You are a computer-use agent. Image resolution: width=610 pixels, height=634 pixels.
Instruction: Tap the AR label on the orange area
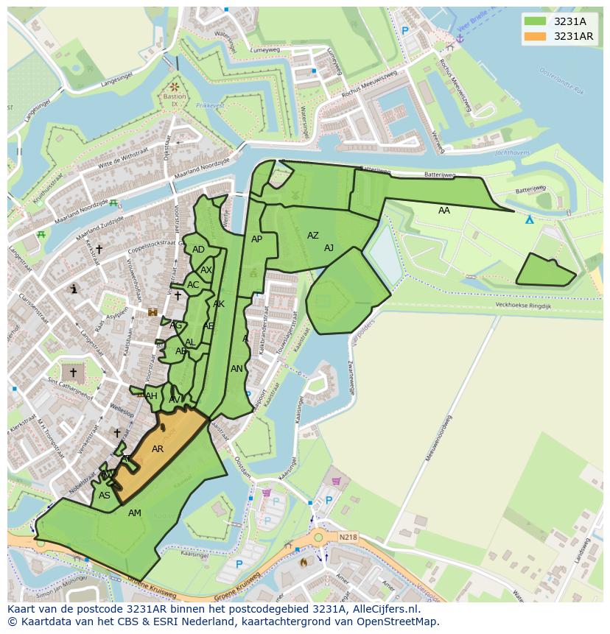click(158, 448)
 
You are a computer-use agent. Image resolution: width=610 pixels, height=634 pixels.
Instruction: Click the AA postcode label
click(444, 211)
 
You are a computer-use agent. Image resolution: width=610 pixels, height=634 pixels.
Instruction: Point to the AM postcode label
click(135, 513)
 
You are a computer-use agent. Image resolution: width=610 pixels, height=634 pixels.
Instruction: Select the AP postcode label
click(256, 239)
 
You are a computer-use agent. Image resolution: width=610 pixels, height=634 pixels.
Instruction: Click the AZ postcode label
click(313, 236)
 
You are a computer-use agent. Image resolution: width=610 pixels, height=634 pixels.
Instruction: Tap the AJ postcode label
click(329, 248)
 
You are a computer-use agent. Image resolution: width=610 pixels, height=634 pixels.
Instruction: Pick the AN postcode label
click(236, 369)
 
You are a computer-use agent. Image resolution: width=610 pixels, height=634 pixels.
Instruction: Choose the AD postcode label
click(198, 250)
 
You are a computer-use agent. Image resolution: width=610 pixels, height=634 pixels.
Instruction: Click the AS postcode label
click(105, 496)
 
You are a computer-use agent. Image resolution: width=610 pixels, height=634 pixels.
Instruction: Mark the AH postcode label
click(151, 396)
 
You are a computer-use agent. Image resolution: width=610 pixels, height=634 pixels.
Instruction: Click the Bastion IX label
click(175, 100)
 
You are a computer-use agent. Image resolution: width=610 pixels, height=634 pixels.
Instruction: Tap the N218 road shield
click(348, 538)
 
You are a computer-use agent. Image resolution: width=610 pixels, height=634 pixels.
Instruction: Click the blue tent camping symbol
click(529, 219)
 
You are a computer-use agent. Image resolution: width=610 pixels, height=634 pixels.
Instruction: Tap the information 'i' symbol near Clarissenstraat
click(74, 289)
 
